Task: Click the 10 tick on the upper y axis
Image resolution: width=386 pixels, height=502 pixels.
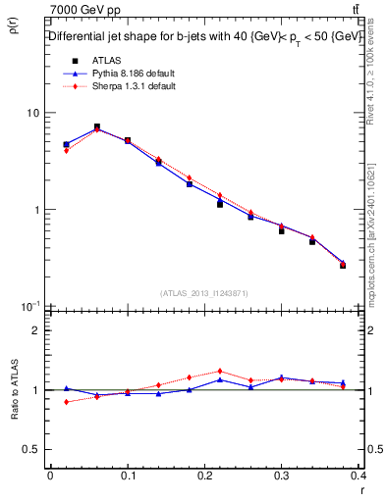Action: click(31, 113)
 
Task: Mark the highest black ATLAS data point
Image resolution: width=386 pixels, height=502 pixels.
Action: click(96, 127)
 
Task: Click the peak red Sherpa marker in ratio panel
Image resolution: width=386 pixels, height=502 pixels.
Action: click(220, 371)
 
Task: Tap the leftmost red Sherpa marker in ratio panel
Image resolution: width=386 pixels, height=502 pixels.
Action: click(66, 402)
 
